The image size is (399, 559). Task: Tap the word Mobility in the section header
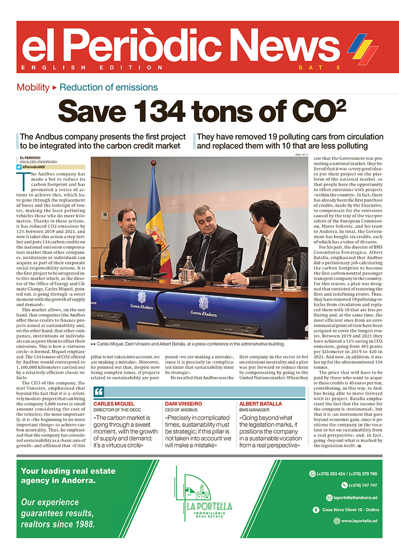point(33,87)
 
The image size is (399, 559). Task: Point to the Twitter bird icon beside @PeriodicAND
point(19,166)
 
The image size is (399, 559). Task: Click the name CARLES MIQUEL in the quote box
point(114,404)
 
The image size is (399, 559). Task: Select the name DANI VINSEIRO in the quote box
point(183,404)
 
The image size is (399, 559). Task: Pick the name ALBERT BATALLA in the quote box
point(261,404)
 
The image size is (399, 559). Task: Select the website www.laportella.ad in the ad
point(359,521)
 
